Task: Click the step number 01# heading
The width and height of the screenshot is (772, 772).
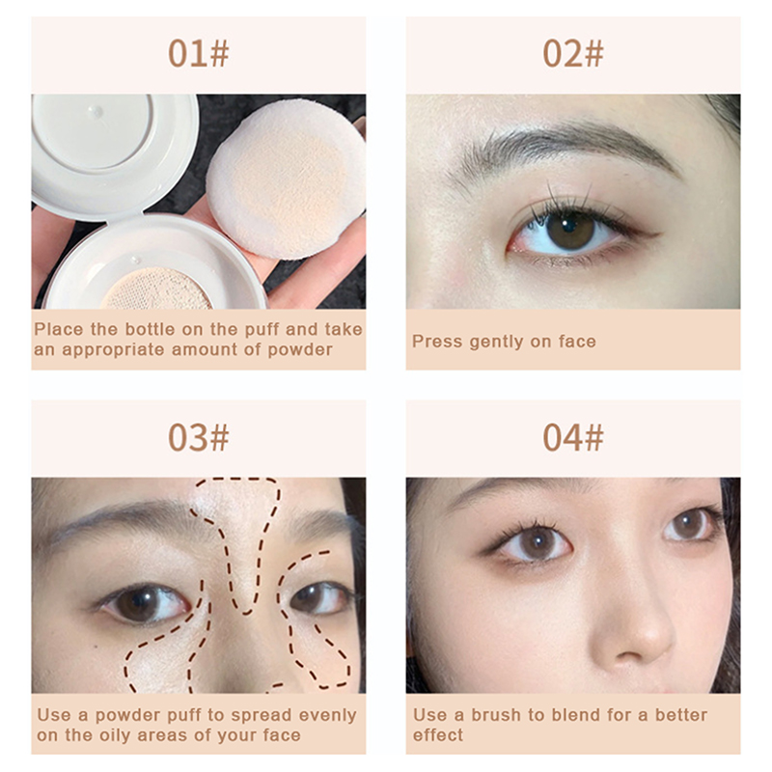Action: pos(199,54)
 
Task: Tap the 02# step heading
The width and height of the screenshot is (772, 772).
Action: pos(573,54)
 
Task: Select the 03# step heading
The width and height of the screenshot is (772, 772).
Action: pos(199,438)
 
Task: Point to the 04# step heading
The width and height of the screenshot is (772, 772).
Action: pos(573,438)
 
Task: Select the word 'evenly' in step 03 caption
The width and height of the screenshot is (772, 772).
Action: pos(327,715)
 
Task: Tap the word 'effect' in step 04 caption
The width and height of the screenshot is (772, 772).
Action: pos(438,735)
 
